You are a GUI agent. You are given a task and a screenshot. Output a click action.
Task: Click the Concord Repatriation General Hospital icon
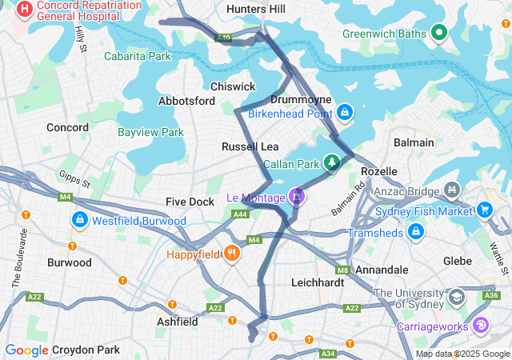26,10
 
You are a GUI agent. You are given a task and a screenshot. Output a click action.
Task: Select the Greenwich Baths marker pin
438,33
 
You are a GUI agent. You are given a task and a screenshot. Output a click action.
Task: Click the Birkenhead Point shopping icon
345,113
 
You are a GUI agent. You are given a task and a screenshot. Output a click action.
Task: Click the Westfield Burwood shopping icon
80,219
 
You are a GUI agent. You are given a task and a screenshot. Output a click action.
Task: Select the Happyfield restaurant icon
232,253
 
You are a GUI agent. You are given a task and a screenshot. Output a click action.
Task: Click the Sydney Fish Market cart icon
484,210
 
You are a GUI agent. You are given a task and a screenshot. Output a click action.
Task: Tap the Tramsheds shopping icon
415,232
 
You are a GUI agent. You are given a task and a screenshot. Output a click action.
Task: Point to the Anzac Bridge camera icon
452,190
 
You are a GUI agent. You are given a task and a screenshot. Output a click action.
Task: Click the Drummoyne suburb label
296,99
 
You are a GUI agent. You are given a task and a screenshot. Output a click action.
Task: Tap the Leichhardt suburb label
318,282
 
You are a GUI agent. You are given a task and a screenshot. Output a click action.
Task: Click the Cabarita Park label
138,57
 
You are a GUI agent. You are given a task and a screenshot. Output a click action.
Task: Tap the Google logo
26,350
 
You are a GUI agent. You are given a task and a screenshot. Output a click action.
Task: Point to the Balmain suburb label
414,142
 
